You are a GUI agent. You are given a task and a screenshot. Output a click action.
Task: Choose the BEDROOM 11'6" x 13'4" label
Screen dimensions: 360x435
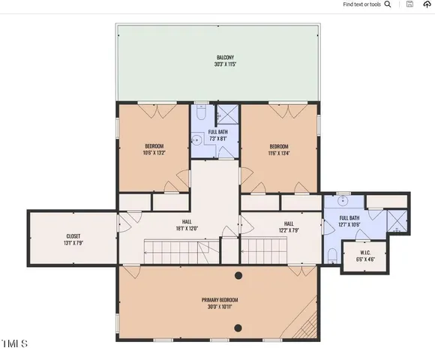pos(280,148)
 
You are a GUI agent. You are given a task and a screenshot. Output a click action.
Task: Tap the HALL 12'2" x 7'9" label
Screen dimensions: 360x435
pos(289,226)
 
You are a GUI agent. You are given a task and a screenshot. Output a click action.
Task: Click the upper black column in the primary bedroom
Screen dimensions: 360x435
pos(238,275)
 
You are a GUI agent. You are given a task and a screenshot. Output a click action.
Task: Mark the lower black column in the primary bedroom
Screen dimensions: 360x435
pos(238,327)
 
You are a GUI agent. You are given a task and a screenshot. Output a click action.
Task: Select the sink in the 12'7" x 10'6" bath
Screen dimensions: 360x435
pos(341,201)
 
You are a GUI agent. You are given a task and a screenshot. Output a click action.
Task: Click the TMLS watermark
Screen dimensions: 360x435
pos(14,344)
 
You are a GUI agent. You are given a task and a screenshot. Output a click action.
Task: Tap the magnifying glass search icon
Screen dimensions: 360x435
pos(387,4)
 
